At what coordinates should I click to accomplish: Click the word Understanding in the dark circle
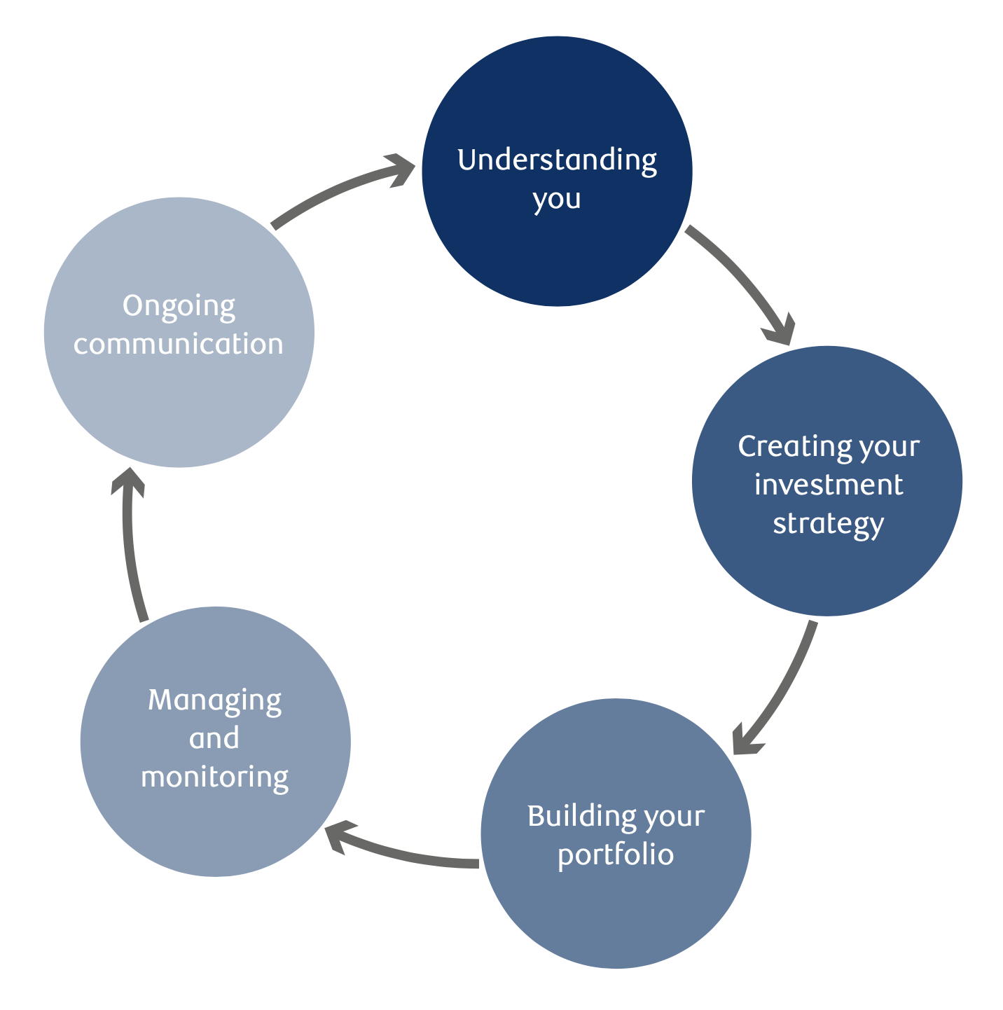pyautogui.click(x=557, y=160)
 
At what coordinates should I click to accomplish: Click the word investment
pyautogui.click(x=828, y=485)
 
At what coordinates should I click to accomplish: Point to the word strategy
pyautogui.click(x=828, y=524)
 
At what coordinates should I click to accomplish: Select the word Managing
pyautogui.click(x=214, y=700)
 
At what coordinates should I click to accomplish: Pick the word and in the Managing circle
pyautogui.click(x=214, y=738)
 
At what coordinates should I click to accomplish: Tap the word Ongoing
pyautogui.click(x=179, y=307)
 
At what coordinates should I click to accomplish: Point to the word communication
pyautogui.click(x=179, y=345)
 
